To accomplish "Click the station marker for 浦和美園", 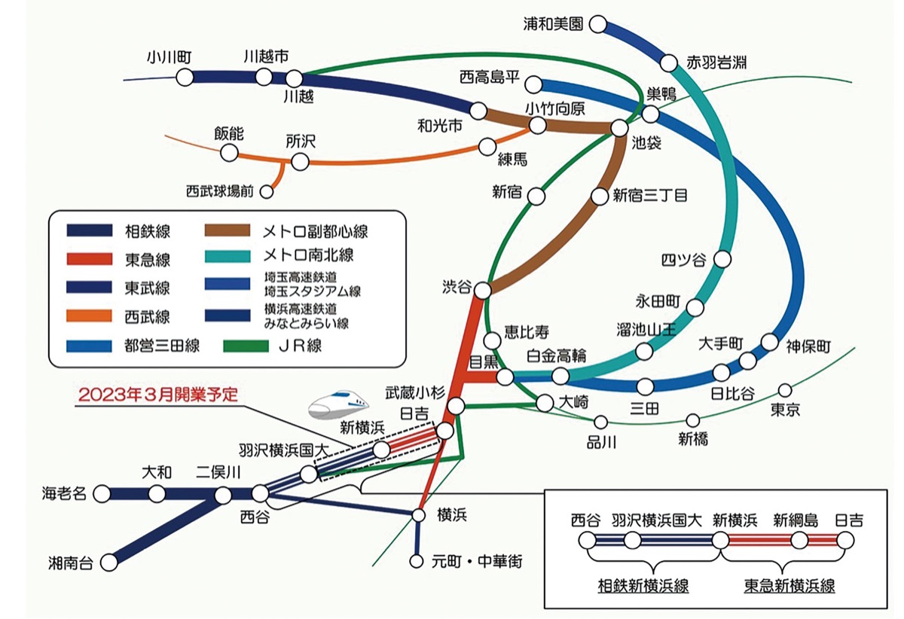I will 598,25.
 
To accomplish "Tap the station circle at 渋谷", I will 483,290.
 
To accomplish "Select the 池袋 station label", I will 646,143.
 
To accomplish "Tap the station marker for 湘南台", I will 110,562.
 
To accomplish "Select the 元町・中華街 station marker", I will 417,561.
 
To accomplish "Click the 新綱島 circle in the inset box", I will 799,540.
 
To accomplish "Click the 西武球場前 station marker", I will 265,192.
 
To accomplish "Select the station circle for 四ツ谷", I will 722,260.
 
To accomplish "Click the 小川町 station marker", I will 185,77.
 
